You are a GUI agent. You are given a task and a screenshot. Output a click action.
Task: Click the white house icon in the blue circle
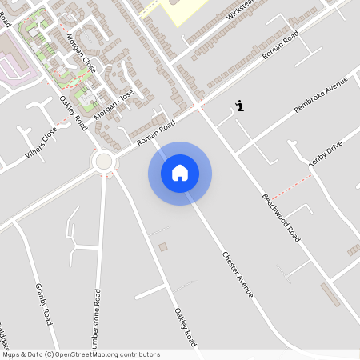pos(180,173)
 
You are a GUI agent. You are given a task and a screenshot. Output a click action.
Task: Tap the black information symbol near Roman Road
pos(240,106)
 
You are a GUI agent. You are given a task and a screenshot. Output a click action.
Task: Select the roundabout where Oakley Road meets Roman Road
pos(103,162)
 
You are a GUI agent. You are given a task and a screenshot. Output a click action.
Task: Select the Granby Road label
pos(43,303)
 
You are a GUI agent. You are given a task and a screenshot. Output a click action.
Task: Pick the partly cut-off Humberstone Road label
pos(97,320)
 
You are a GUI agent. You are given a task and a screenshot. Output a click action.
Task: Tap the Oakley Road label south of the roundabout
pos(184,326)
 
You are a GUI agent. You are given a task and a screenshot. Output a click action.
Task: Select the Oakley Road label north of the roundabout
pos(74,114)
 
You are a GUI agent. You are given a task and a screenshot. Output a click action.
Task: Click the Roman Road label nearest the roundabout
pos(155,133)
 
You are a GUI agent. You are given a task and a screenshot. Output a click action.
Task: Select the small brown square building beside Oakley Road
pos(163,247)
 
